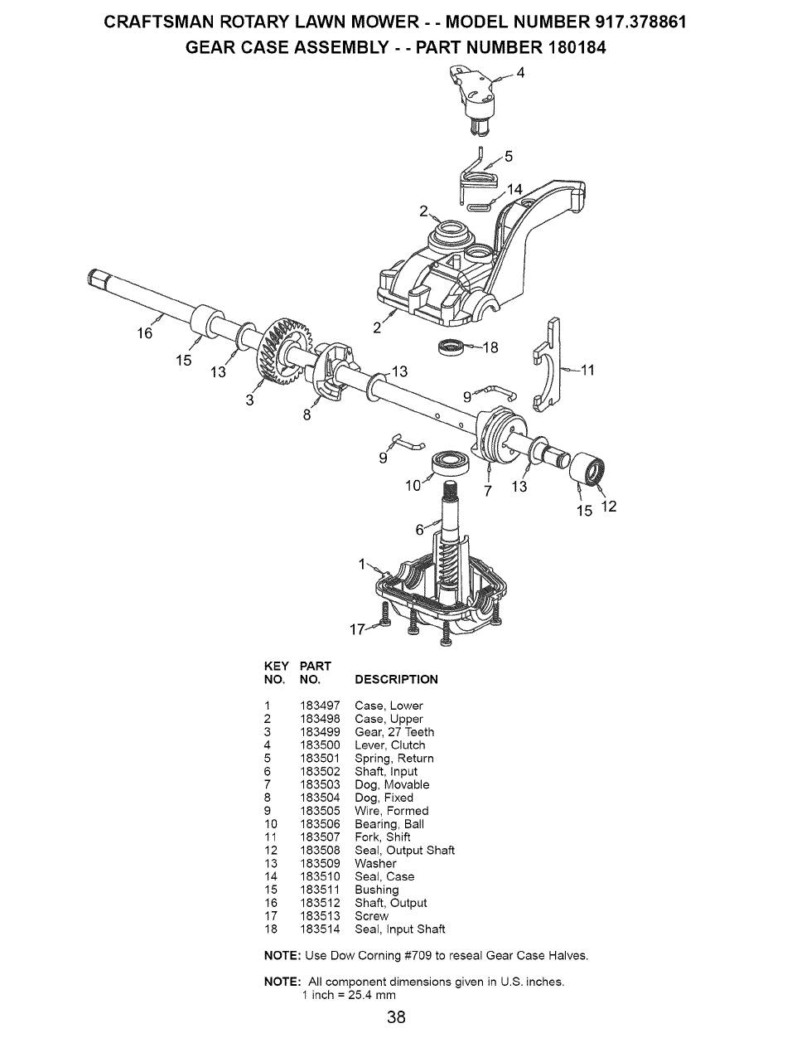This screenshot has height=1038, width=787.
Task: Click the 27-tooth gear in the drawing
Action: (280, 351)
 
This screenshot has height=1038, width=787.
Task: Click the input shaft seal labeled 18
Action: (451, 347)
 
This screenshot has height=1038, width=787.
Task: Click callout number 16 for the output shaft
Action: (144, 333)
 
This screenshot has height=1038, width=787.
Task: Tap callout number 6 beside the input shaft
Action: (419, 530)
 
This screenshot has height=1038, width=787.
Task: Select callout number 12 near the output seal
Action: (610, 507)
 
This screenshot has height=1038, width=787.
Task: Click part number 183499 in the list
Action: (320, 732)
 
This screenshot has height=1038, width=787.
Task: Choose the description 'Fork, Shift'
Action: (383, 837)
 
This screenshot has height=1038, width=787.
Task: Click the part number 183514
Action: (320, 929)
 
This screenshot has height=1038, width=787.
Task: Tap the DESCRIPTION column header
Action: (396, 680)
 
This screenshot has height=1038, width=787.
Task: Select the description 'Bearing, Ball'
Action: (389, 824)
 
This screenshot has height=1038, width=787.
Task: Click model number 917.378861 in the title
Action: (638, 22)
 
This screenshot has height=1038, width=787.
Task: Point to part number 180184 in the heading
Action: (577, 48)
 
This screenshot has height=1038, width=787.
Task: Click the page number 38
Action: (396, 1016)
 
